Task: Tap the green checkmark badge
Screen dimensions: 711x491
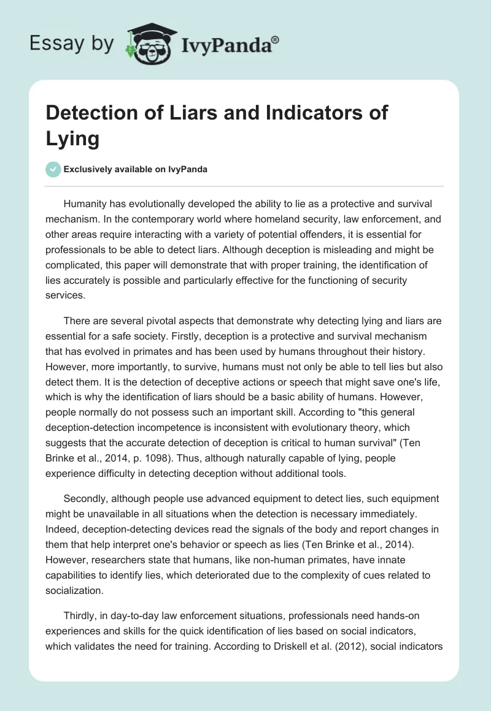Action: (x=53, y=169)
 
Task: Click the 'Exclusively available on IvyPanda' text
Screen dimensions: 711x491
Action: (x=135, y=170)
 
